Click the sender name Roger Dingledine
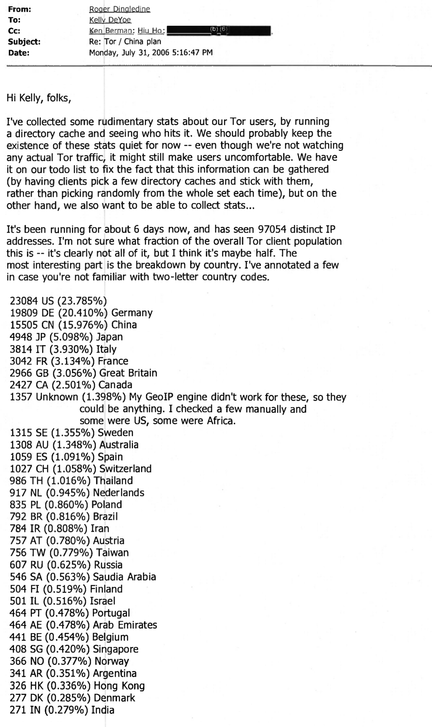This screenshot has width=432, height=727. tap(119, 9)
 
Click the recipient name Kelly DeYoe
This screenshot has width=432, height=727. tap(110, 20)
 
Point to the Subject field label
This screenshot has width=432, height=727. tap(25, 42)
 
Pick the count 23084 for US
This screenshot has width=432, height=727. tap(24, 301)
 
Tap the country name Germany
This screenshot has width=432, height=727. tap(132, 313)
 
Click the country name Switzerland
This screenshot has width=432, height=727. tap(125, 469)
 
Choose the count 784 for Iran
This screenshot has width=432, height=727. tap(18, 529)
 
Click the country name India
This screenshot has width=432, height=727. tap(103, 710)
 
